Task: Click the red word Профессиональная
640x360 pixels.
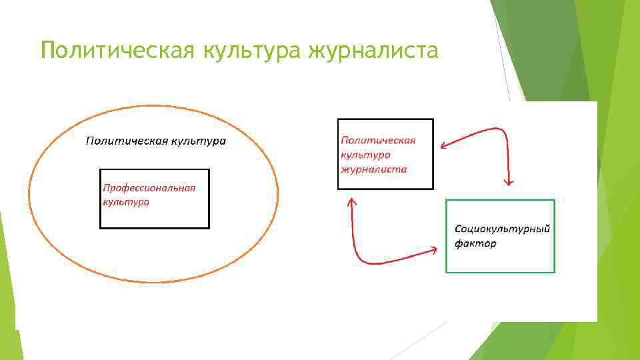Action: (149, 188)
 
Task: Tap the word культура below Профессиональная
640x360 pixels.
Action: (125, 201)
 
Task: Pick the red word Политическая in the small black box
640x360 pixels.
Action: (378, 140)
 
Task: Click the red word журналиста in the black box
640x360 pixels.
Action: (373, 169)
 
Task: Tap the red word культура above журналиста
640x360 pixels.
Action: (365, 155)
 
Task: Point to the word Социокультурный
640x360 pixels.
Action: (502, 229)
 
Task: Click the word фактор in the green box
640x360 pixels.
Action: (475, 243)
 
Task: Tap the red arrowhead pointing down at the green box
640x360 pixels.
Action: (509, 181)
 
